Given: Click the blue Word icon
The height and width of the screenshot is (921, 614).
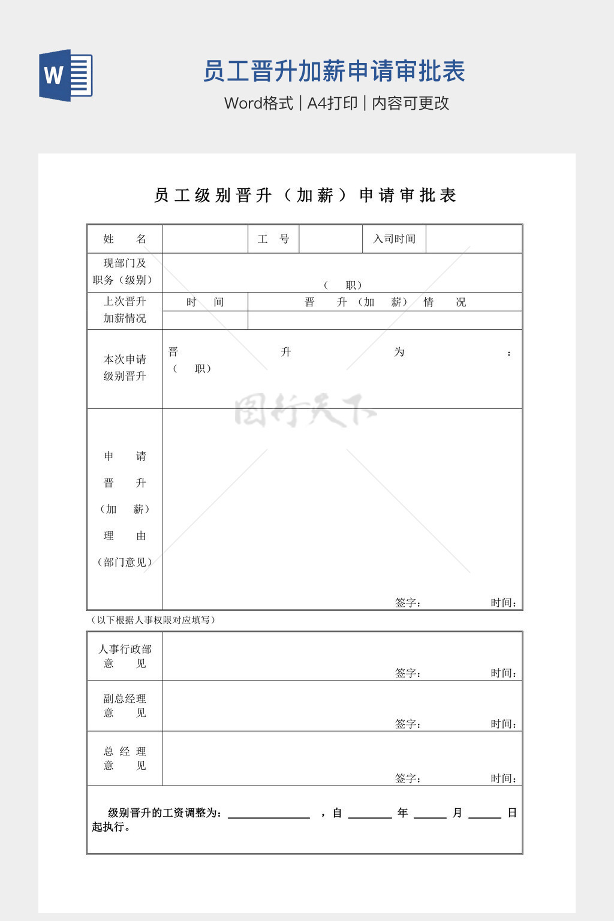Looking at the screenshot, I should tap(66, 75).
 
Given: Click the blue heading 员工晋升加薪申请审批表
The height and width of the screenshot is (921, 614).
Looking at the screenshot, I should tap(334, 71).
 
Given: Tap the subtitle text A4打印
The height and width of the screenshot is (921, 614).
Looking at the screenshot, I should tap(332, 103).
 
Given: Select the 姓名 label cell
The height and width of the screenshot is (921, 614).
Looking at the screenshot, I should tap(125, 239).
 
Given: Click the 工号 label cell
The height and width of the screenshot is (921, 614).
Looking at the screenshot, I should tap(273, 239).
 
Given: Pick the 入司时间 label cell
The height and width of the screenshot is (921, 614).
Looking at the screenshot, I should tap(394, 239).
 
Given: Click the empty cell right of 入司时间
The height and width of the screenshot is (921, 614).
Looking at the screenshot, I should tap(474, 239).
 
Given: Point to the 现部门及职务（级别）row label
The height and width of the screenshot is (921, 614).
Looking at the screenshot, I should tap(125, 272).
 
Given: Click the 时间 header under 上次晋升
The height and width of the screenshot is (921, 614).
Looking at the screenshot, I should tap(205, 302).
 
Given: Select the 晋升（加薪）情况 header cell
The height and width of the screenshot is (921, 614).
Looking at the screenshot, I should tap(385, 302).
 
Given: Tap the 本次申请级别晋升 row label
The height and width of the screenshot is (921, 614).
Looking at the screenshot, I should tap(125, 368).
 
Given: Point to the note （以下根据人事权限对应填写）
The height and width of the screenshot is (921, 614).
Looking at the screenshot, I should tap(153, 620).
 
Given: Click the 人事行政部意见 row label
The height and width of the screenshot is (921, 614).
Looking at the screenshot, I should tap(125, 656).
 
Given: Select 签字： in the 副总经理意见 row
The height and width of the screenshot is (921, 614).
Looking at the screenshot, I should tap(408, 724).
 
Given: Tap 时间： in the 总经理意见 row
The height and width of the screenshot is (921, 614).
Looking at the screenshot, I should tap(503, 778).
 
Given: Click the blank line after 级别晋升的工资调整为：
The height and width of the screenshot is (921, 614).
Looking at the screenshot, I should tap(269, 814).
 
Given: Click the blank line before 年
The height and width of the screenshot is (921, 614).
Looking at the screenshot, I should tap(369, 814).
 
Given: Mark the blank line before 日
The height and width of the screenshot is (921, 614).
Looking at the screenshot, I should tap(484, 814).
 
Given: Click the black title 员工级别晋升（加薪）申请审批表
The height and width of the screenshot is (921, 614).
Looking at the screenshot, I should tap(305, 195).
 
